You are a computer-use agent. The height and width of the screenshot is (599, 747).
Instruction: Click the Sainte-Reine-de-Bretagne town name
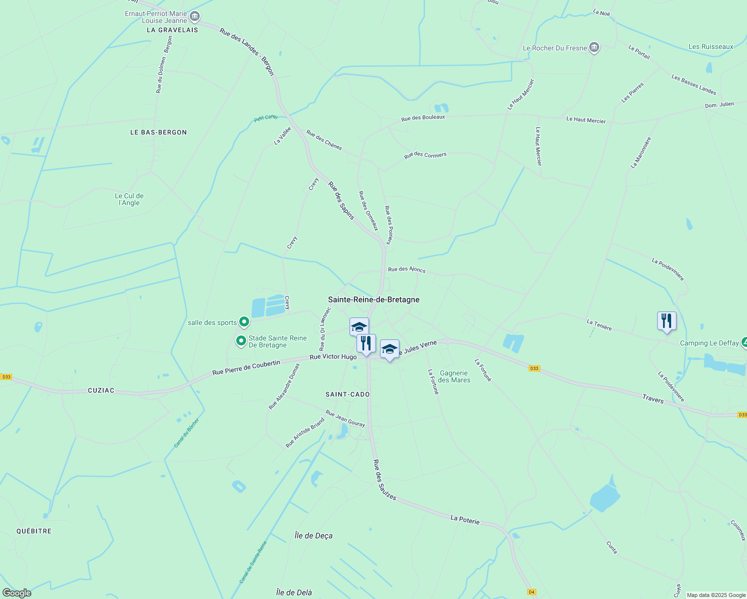click(373, 299)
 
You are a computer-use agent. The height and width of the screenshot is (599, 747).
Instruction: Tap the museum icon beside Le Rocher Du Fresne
click(594, 47)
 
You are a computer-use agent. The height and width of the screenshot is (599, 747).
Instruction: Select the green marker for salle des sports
click(244, 322)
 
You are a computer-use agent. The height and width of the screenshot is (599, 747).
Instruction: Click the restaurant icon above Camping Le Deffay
click(667, 320)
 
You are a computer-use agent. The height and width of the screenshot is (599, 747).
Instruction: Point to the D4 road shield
click(531, 592)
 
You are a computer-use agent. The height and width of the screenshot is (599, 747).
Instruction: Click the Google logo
click(16, 593)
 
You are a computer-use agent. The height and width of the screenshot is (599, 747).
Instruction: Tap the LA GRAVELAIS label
click(172, 30)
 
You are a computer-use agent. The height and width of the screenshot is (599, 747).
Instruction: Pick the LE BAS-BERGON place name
click(158, 132)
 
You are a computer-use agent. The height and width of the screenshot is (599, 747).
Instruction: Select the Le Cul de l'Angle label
click(129, 199)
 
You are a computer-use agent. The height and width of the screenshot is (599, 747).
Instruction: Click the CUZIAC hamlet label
click(101, 390)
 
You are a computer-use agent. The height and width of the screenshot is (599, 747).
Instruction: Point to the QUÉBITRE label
click(34, 531)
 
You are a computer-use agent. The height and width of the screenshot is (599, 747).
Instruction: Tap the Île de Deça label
click(314, 536)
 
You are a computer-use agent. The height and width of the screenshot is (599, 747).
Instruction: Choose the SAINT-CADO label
click(348, 394)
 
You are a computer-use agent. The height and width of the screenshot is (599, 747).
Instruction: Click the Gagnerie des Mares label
click(454, 376)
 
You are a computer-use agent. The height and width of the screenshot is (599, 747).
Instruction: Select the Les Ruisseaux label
click(711, 46)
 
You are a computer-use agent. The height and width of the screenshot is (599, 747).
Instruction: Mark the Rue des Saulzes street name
click(384, 480)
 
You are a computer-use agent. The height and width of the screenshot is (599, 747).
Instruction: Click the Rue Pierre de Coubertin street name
click(246, 368)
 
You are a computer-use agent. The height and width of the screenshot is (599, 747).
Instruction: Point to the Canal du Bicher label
click(186, 433)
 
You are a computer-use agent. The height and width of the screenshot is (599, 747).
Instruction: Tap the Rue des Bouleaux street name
click(423, 118)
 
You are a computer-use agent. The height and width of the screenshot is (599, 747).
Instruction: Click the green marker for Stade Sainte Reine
click(241, 341)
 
